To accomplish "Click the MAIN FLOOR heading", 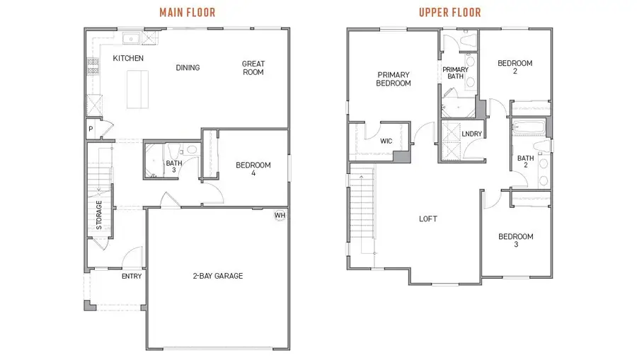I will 188,12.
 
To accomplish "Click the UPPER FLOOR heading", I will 449,12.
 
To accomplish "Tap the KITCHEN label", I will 129,58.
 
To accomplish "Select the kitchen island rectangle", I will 139,89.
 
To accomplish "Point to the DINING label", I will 188,68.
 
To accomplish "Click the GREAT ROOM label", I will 253,68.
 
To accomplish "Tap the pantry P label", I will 91,129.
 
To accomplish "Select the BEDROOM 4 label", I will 253,170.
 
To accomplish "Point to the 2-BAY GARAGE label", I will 217,276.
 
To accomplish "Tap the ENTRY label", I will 132,276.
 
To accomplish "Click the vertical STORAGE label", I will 99,216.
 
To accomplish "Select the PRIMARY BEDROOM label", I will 394,79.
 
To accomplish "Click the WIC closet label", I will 386,141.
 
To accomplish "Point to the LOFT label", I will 428,219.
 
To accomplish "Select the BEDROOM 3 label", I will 515,240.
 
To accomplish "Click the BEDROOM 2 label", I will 515,67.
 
